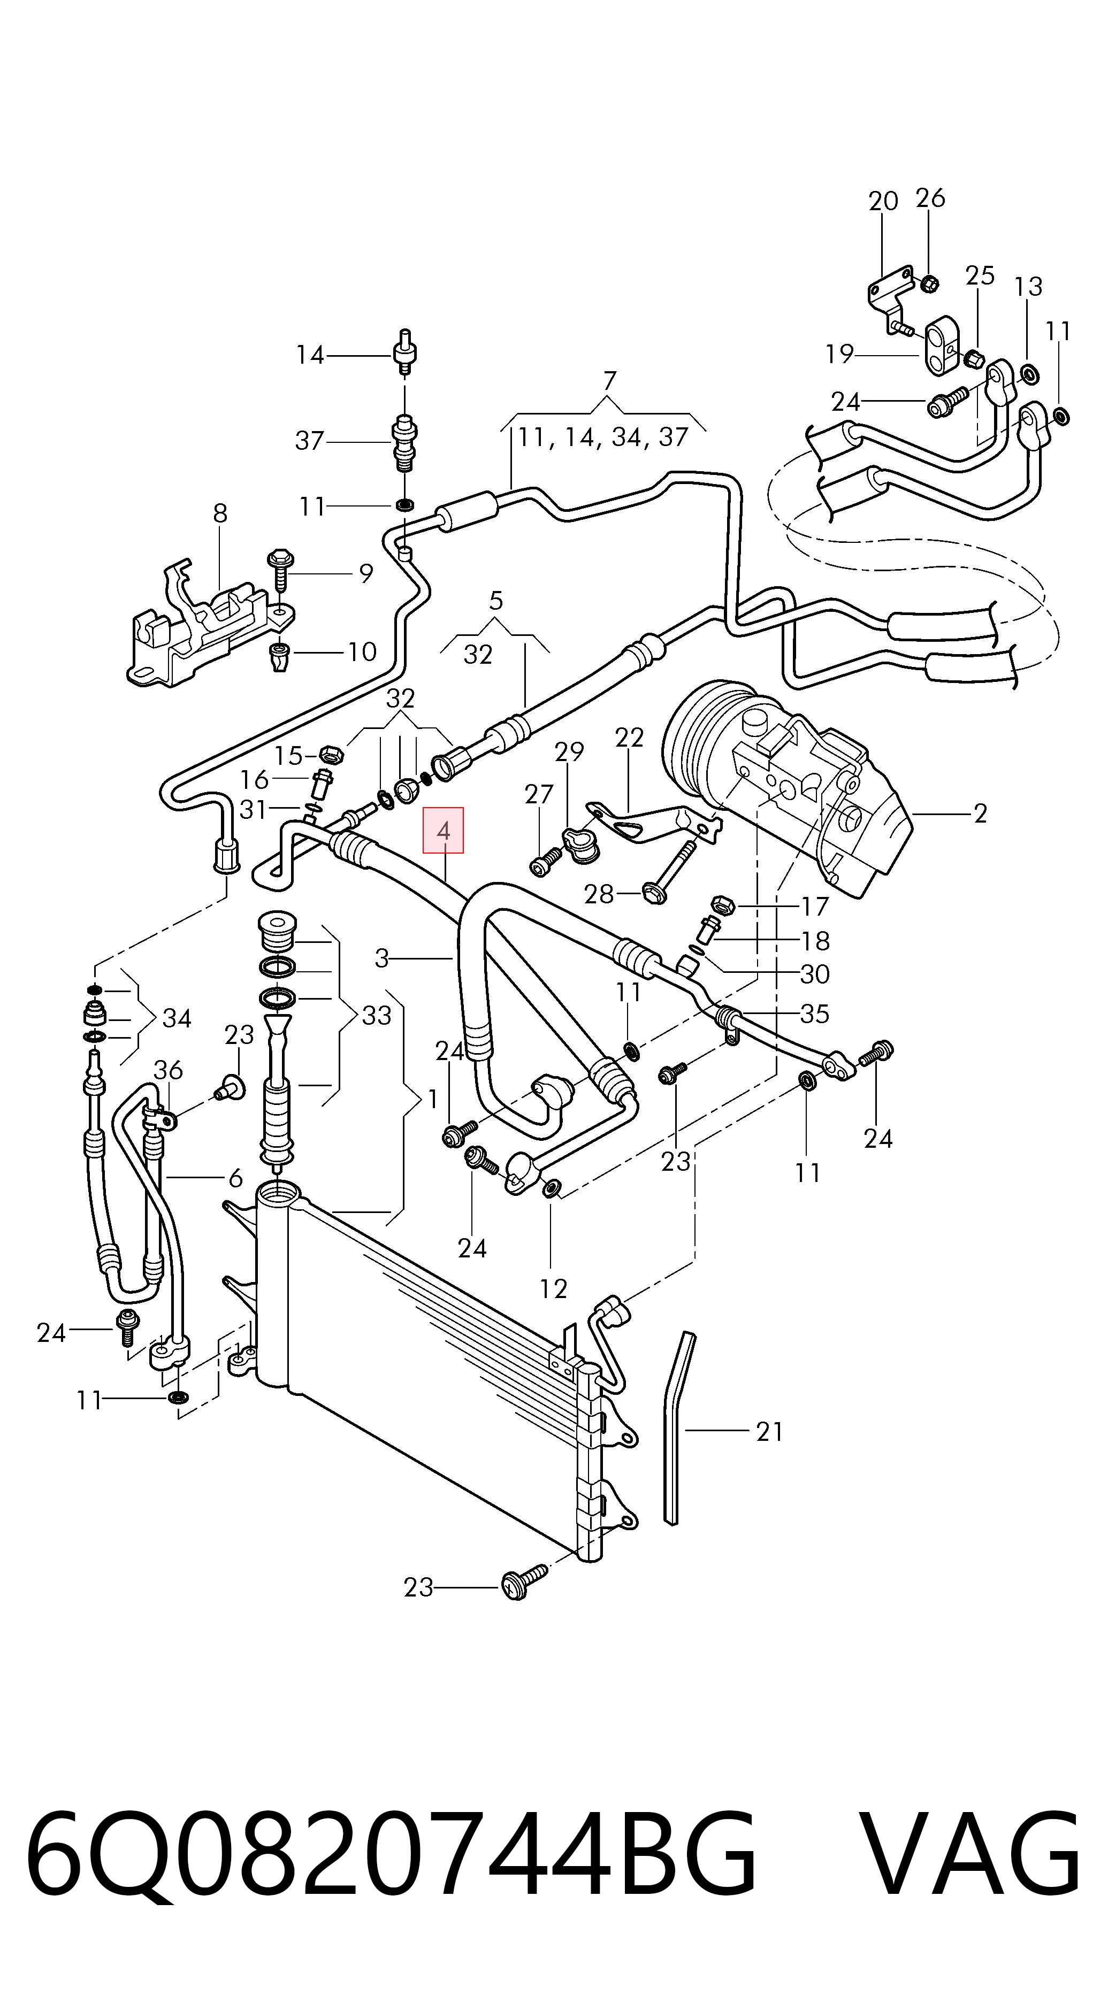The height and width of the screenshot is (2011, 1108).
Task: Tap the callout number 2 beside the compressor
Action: click(981, 813)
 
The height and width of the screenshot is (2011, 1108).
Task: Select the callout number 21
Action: click(769, 1432)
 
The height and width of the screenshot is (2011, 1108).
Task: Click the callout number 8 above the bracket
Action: click(220, 513)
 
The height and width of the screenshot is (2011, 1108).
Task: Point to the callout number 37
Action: click(309, 441)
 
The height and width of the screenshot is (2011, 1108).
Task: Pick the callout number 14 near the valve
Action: click(310, 355)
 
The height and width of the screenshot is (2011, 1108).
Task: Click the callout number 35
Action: click(814, 1014)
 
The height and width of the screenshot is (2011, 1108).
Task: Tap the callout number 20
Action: click(883, 202)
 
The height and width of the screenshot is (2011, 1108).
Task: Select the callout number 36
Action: click(168, 1070)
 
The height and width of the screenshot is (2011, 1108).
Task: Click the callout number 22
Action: click(629, 738)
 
